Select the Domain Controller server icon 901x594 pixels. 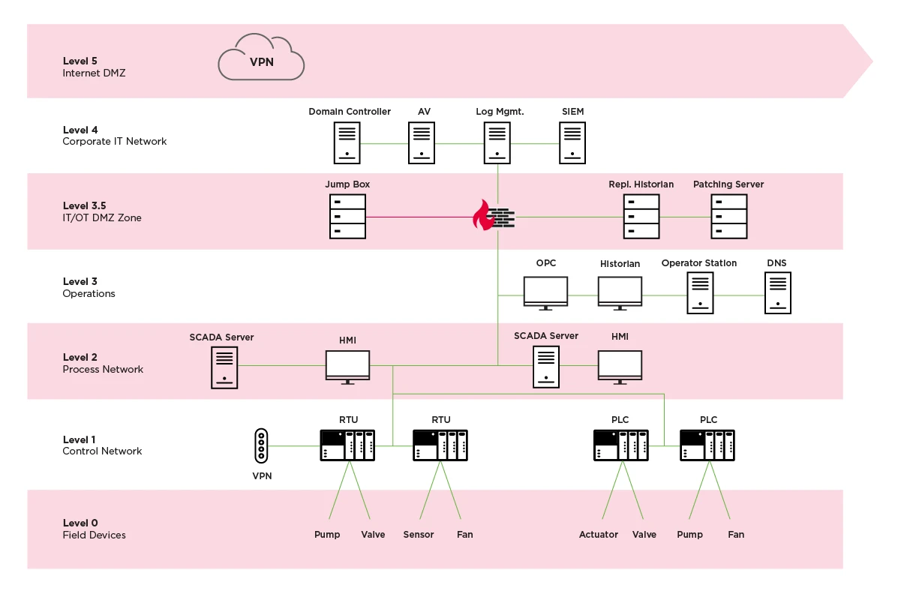tap(347, 143)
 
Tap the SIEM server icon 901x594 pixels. tap(572, 143)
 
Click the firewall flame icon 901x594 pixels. tap(482, 216)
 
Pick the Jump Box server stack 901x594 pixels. tap(347, 216)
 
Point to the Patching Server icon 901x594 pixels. tap(728, 216)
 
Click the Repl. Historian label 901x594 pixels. tap(641, 184)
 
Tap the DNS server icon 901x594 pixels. tap(777, 292)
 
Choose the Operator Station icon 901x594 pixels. tap(700, 292)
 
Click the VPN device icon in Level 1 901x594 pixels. tap(261, 445)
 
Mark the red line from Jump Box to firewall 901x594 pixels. tap(420, 217)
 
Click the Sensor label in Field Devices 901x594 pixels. tap(419, 535)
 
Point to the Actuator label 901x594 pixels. tap(599, 535)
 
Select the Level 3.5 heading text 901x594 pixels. tap(84, 205)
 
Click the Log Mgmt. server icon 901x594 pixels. tap(495, 143)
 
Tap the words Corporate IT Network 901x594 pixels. tap(115, 142)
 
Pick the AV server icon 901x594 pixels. tap(422, 143)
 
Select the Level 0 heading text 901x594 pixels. tap(80, 523)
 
